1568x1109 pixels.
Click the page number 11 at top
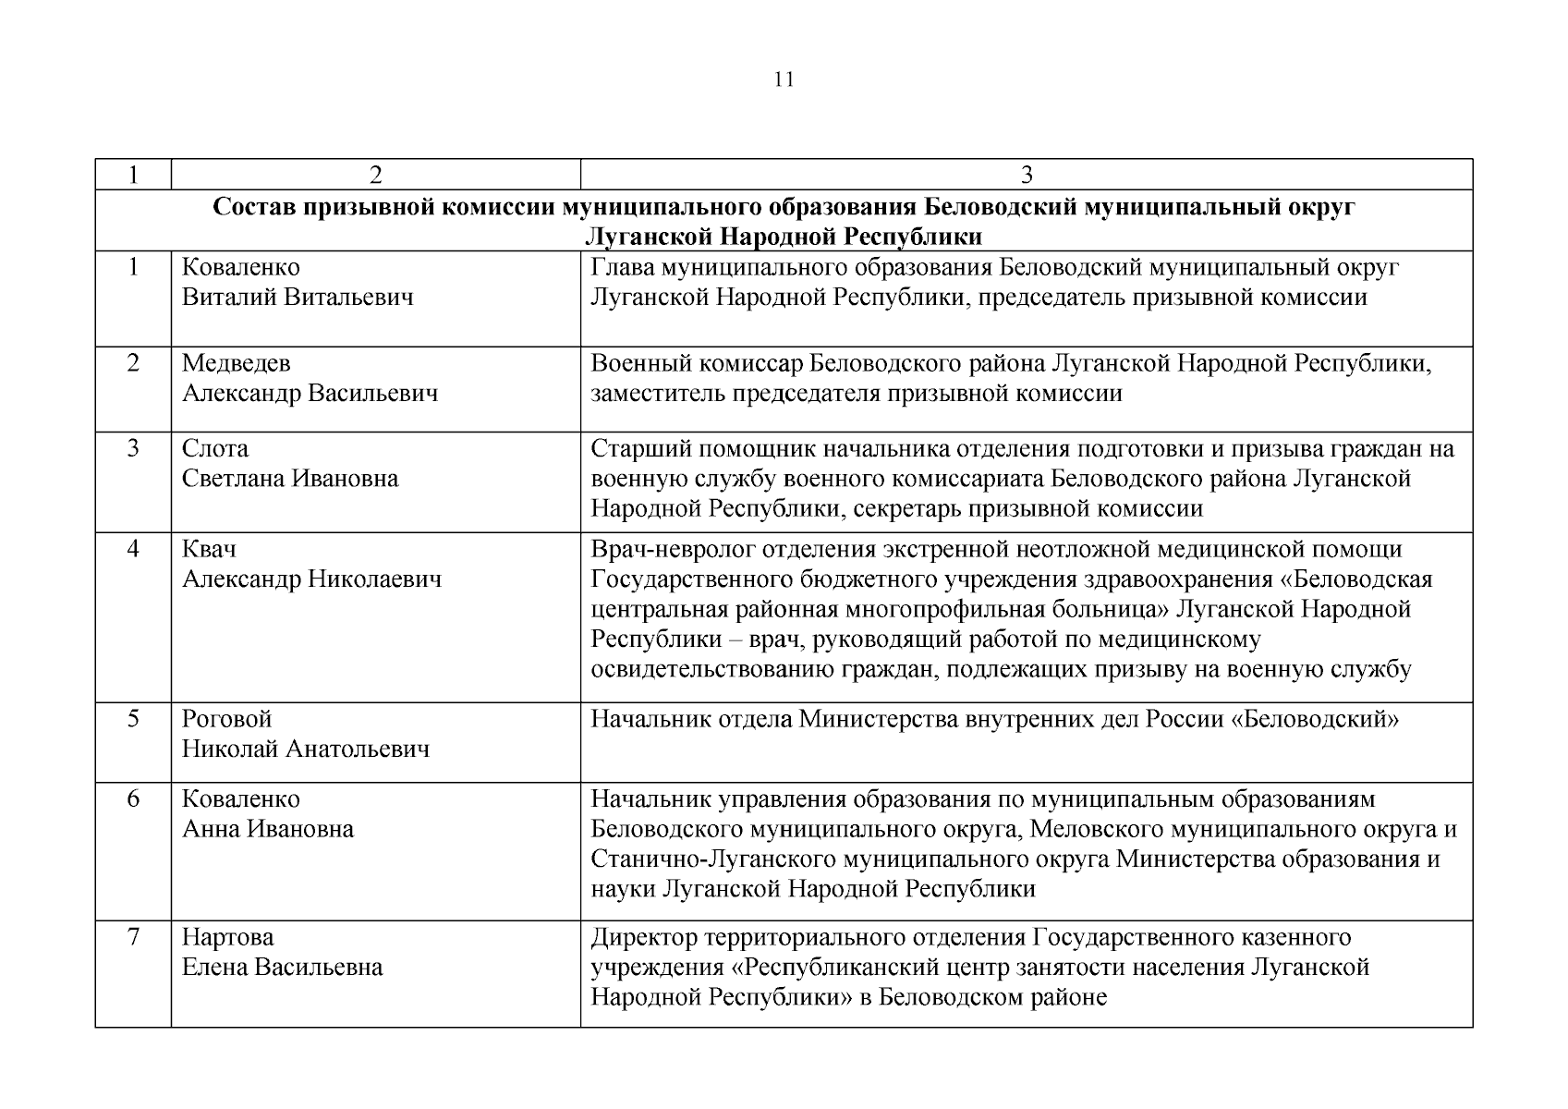coord(784,79)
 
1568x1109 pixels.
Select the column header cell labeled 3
coord(1026,176)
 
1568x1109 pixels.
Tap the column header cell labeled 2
coord(375,176)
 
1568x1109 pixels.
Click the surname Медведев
coord(236,363)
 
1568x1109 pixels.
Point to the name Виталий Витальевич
coord(297,298)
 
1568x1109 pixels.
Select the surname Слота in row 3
coord(214,449)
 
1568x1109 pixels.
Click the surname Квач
coord(209,550)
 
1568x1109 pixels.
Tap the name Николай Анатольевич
coord(305,749)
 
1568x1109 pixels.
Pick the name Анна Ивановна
coord(267,829)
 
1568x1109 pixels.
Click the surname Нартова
coord(227,938)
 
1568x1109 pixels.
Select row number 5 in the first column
coord(133,719)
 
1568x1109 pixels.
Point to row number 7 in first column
coord(133,938)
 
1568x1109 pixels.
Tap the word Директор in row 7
coord(644,938)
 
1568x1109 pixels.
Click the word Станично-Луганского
coord(713,859)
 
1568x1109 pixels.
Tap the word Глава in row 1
coord(622,268)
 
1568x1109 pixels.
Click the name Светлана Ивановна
coord(289,479)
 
